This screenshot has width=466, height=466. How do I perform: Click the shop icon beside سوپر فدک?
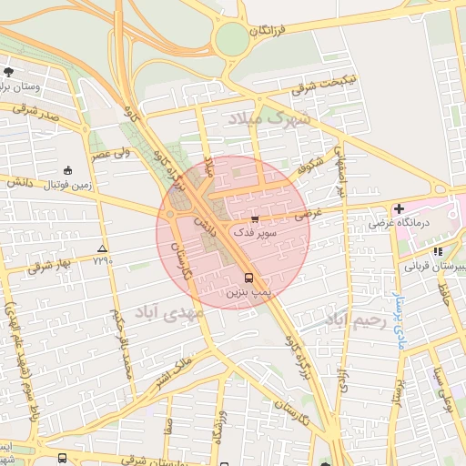pyautogui.click(x=255, y=219)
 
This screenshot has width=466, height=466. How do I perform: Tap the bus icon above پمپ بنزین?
pyautogui.click(x=248, y=277)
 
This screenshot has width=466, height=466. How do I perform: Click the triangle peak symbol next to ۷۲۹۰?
pyautogui.click(x=101, y=248)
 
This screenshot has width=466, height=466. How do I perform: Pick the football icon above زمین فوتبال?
pyautogui.click(x=67, y=170)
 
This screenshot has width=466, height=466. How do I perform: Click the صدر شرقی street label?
pyautogui.click(x=36, y=113)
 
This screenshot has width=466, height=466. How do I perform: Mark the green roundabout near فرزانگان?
pyautogui.click(x=233, y=38)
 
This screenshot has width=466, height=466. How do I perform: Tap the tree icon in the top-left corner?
pyautogui.click(x=8, y=71)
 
